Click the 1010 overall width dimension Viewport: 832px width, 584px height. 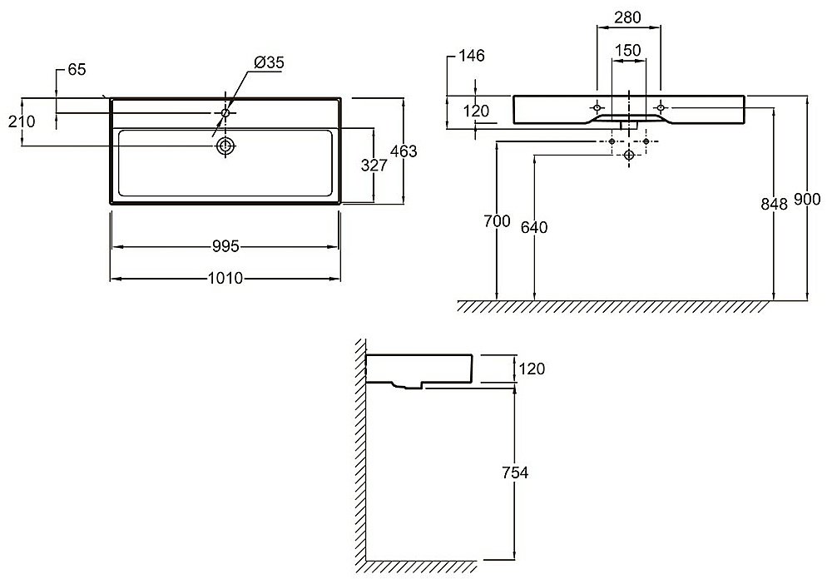pyautogui.click(x=225, y=278)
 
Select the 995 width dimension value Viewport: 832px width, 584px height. pyautogui.click(x=225, y=246)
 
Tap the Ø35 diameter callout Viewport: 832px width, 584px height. pyautogui.click(x=269, y=62)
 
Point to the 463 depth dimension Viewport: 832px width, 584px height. pyautogui.click(x=404, y=151)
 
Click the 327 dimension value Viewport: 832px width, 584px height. pyautogui.click(x=374, y=166)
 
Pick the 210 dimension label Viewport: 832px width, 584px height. pyautogui.click(x=22, y=121)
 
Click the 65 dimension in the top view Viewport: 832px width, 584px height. pyautogui.click(x=77, y=70)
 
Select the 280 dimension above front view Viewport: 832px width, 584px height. pyautogui.click(x=627, y=17)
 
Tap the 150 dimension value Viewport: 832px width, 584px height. pyautogui.click(x=627, y=51)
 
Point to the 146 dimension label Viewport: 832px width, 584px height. pyautogui.click(x=471, y=55)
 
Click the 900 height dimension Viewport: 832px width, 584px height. pyautogui.click(x=807, y=200)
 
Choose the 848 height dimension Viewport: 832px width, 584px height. pyautogui.click(x=774, y=204)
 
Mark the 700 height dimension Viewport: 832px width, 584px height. pyautogui.click(x=497, y=220)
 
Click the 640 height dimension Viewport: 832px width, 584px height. pyautogui.click(x=534, y=228)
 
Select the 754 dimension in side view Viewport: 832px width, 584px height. pyautogui.click(x=515, y=472)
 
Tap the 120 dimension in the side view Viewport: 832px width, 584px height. pyautogui.click(x=532, y=369)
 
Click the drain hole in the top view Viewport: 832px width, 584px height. pyautogui.click(x=225, y=146)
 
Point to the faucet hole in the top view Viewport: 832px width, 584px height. pyautogui.click(x=225, y=113)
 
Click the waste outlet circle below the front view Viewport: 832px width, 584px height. pyautogui.click(x=629, y=155)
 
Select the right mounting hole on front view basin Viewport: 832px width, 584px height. pyautogui.click(x=661, y=107)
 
